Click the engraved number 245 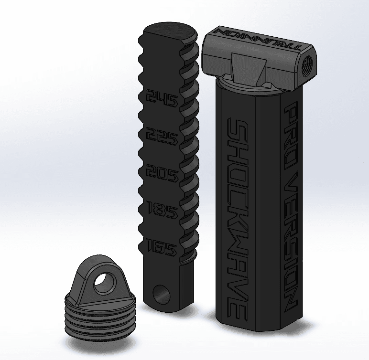pos(161,99)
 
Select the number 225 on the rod pos(161,138)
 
